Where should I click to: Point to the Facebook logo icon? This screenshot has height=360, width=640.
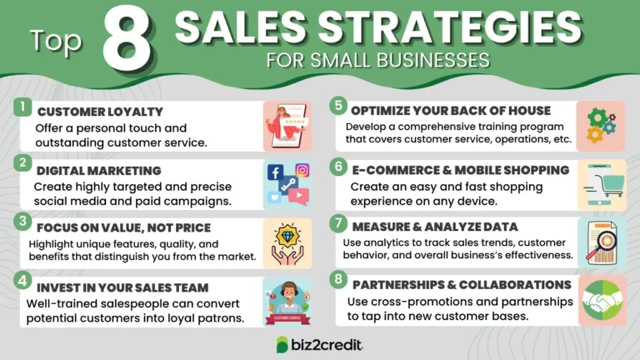275,172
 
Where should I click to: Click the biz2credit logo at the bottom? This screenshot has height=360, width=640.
322,344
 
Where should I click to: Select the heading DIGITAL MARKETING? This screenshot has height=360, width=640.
87,169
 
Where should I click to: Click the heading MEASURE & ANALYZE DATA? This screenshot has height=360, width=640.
434,227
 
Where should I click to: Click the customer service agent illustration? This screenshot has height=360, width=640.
286,298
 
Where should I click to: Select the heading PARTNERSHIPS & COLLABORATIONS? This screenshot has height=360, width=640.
461,284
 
